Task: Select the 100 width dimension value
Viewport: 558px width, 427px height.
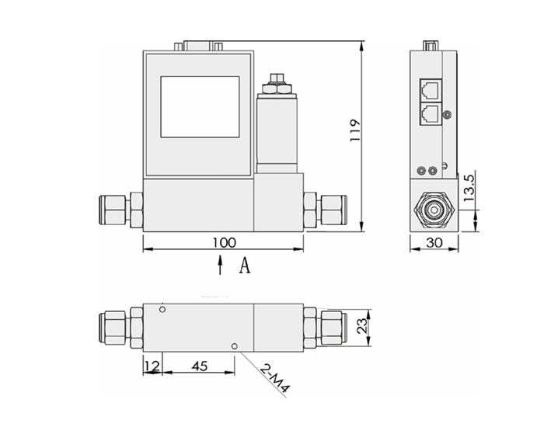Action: pyautogui.click(x=224, y=242)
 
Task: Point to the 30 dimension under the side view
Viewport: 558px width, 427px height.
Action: pyautogui.click(x=434, y=243)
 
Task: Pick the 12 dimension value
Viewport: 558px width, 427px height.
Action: pyautogui.click(x=152, y=366)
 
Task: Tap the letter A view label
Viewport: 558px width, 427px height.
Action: pyautogui.click(x=244, y=266)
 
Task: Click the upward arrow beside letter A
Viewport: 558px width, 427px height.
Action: pyautogui.click(x=221, y=266)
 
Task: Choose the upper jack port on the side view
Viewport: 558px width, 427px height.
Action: pyautogui.click(x=429, y=87)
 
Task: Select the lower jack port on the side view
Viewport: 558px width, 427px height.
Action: pyautogui.click(x=429, y=113)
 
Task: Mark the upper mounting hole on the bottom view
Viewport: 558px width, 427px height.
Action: pyautogui.click(x=162, y=310)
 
